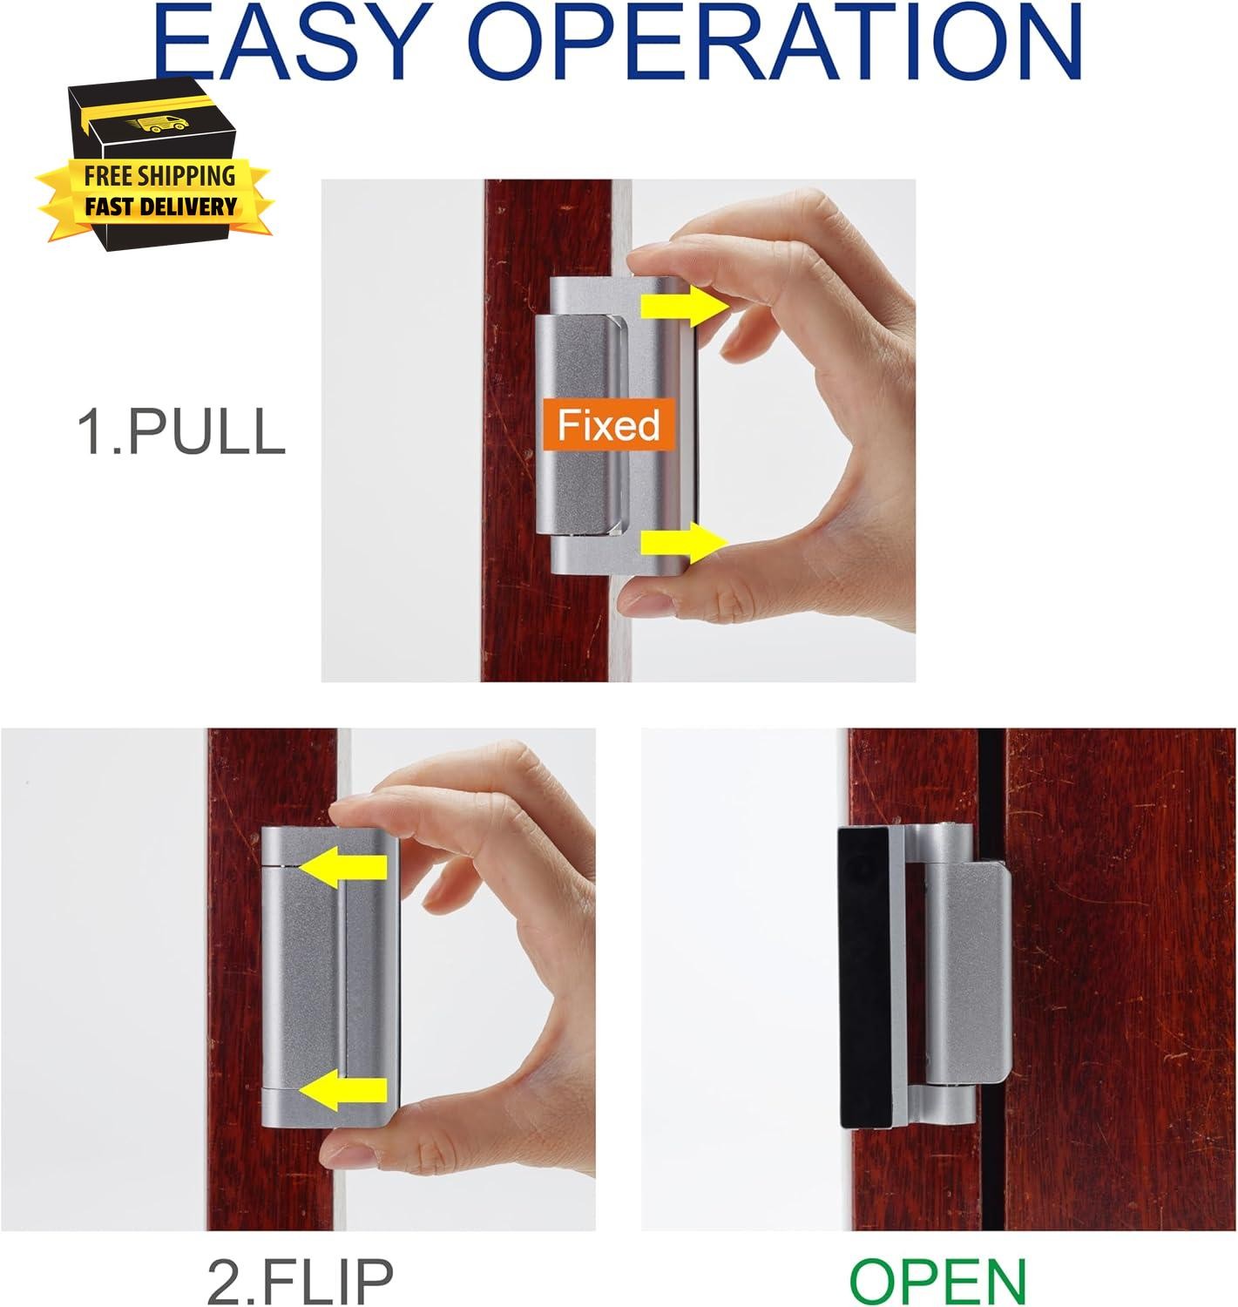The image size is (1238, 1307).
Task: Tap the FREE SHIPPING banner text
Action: point(159,176)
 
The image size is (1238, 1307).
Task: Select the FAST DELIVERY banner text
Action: point(160,207)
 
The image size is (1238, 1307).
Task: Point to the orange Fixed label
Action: point(608,425)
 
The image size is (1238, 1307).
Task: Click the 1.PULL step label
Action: point(181,431)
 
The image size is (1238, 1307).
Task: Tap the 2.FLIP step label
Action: point(300,1280)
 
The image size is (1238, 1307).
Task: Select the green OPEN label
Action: point(937,1280)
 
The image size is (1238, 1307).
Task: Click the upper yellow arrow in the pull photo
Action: point(685,307)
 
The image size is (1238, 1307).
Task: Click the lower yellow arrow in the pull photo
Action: point(685,543)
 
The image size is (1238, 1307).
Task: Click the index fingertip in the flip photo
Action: point(352,811)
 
